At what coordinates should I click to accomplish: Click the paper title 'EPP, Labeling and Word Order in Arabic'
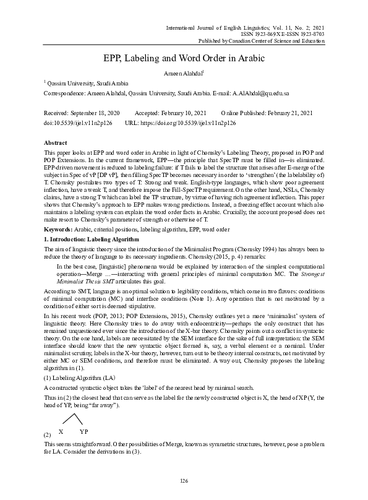click(x=184, y=58)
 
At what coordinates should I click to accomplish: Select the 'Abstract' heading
click(x=55, y=142)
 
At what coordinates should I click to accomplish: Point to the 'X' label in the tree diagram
click(x=61, y=431)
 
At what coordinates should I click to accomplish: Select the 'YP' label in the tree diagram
click(x=84, y=431)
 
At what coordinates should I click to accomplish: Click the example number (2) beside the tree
click(x=47, y=435)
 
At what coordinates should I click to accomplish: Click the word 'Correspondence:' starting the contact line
click(x=63, y=92)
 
